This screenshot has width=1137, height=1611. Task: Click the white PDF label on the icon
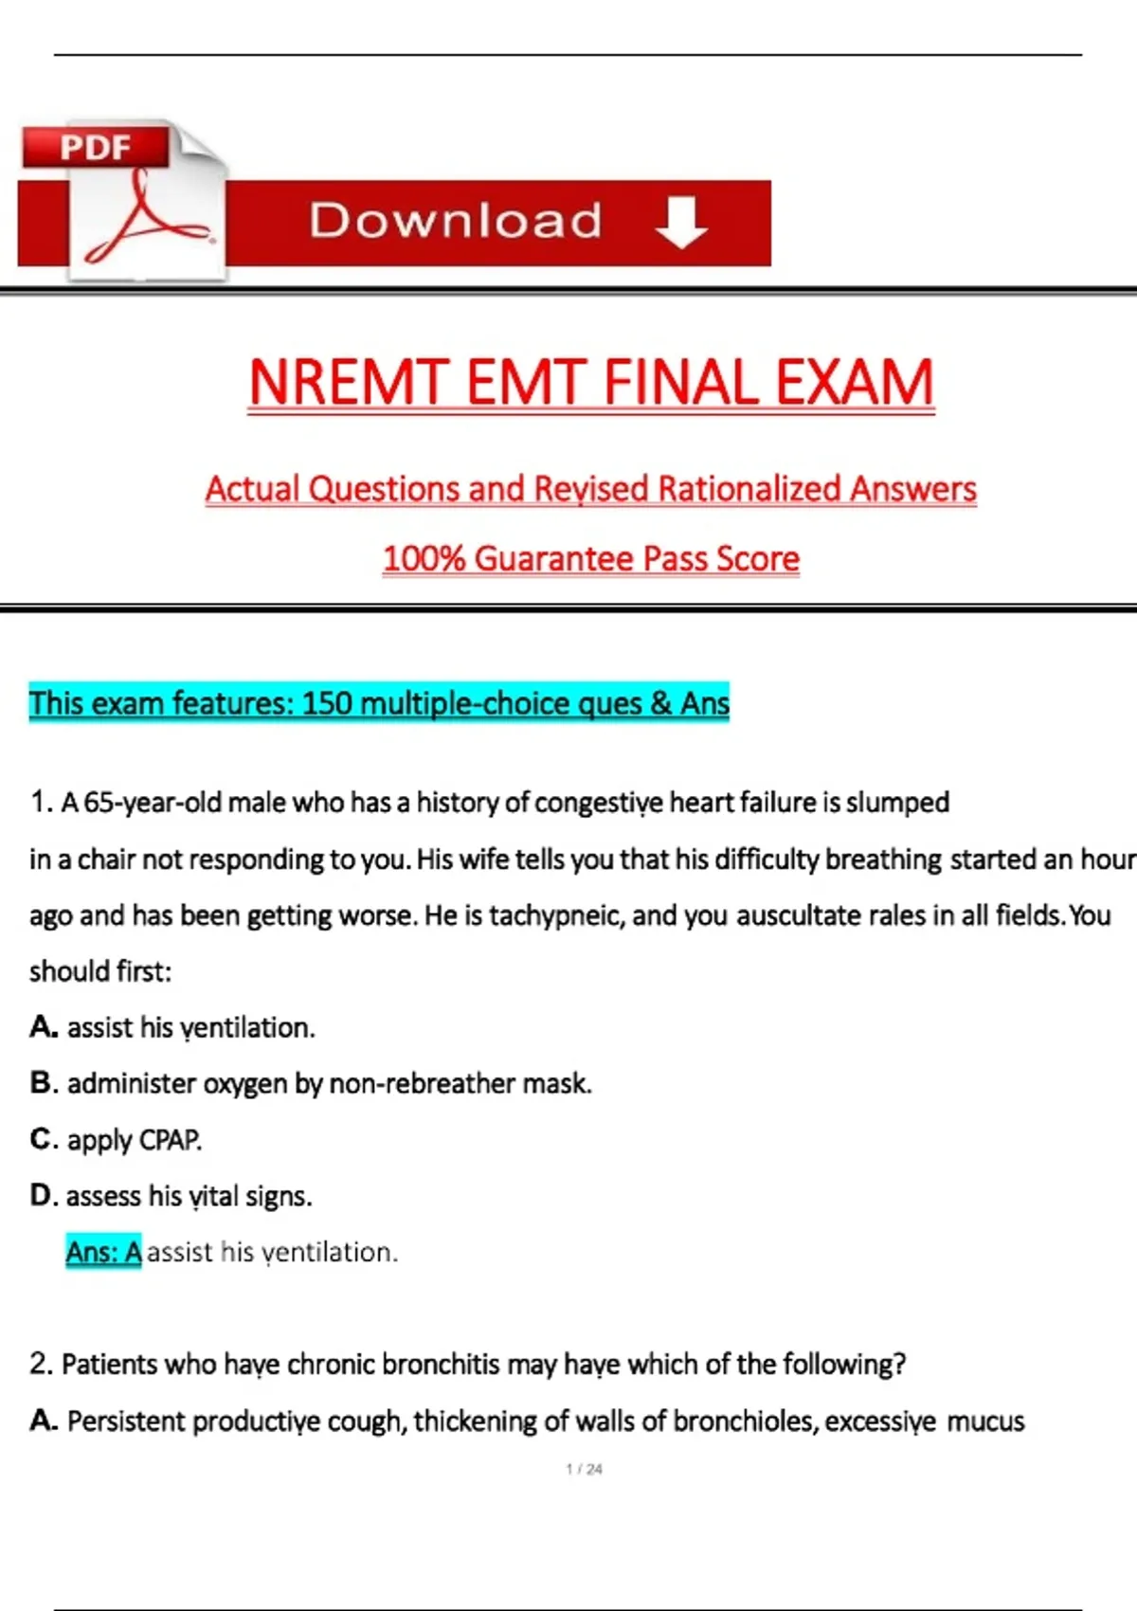coord(96,148)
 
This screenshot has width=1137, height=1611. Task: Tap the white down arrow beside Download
coord(681,222)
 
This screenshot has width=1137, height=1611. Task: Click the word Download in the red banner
coord(455,221)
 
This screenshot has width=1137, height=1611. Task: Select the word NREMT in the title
coord(348,383)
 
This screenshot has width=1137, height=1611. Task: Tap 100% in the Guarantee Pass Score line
coord(424,558)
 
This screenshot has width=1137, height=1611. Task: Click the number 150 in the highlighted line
coord(327,703)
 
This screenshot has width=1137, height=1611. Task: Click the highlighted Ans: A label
coord(103,1252)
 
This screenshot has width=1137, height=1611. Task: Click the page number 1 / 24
coord(584,1469)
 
